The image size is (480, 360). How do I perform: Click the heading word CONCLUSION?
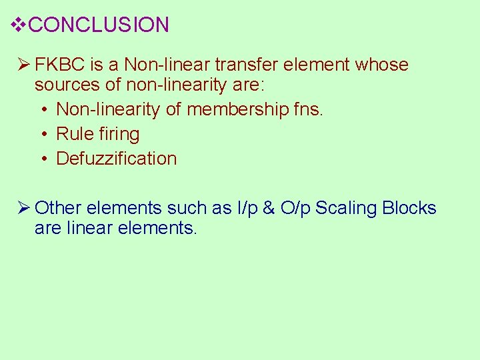99,25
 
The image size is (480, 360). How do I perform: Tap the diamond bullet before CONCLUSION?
19,25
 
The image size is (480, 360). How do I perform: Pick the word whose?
382,65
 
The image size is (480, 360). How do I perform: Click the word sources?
63,85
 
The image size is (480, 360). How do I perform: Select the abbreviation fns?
308,109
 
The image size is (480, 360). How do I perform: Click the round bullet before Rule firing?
43,135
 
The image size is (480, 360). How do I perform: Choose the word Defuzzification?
117,159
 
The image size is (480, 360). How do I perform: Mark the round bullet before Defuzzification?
43,159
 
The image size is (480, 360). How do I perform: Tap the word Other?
59,208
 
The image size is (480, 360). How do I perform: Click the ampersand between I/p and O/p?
269,208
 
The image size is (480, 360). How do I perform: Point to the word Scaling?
346,209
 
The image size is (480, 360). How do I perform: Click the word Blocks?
409,208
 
